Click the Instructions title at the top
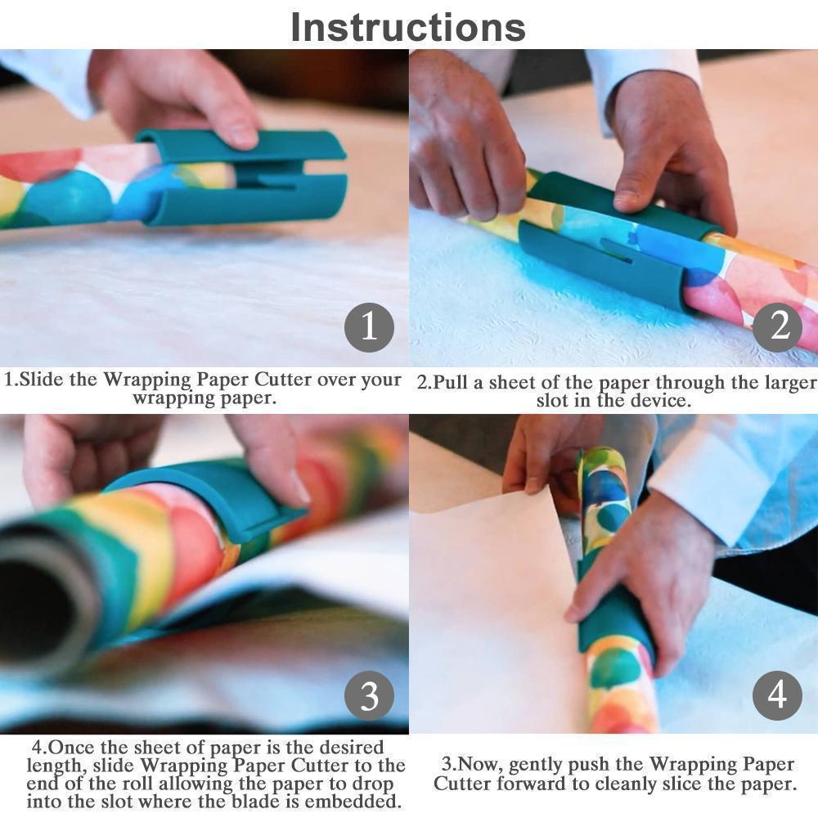[x=408, y=27]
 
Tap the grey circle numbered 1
[x=369, y=327]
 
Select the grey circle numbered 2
[x=777, y=327]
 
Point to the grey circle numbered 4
[x=777, y=695]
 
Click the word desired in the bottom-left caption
[x=323, y=747]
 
